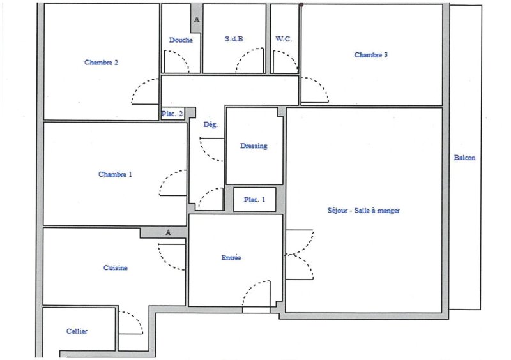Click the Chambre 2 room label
click(101, 62)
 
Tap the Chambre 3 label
click(371, 55)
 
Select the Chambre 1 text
click(115, 174)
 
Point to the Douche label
click(181, 40)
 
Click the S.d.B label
click(234, 39)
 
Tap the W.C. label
click(284, 39)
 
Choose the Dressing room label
click(254, 146)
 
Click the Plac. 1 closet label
click(254, 199)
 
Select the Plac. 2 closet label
click(172, 114)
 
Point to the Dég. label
click(211, 124)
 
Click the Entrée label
click(231, 258)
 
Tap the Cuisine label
click(116, 268)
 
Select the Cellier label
click(77, 331)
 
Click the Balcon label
click(464, 158)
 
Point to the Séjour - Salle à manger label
click(363, 211)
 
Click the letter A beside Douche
click(197, 20)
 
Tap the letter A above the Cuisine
click(168, 232)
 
